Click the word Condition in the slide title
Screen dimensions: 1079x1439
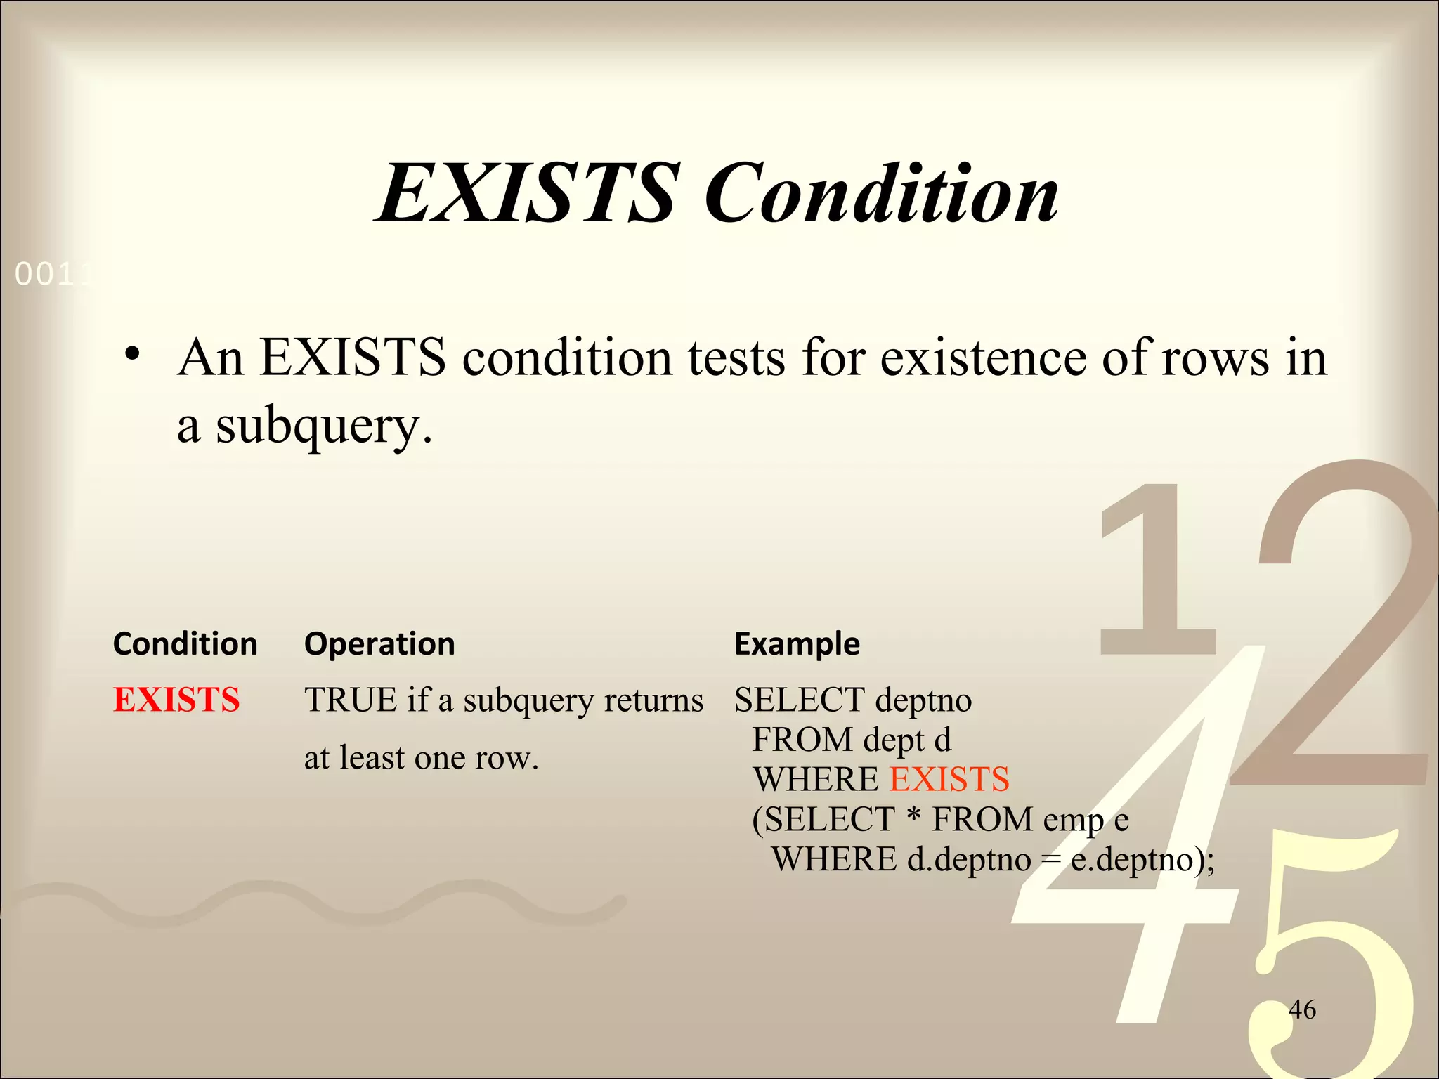pyautogui.click(x=882, y=193)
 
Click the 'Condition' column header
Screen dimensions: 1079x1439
pyautogui.click(x=185, y=643)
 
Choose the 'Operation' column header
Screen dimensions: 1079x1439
pyautogui.click(x=379, y=643)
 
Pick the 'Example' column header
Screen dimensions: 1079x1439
pyautogui.click(x=797, y=643)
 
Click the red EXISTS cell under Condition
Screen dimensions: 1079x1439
pyautogui.click(x=176, y=700)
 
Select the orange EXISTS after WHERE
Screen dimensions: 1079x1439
pyautogui.click(x=949, y=779)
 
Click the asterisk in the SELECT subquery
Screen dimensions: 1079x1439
pyautogui.click(x=913, y=816)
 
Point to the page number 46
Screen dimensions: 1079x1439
pyautogui.click(x=1302, y=1009)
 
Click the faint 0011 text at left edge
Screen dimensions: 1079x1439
pyautogui.click(x=53, y=274)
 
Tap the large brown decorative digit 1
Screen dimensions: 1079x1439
pyautogui.click(x=1159, y=569)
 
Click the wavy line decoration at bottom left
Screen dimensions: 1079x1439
pyautogui.click(x=316, y=903)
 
